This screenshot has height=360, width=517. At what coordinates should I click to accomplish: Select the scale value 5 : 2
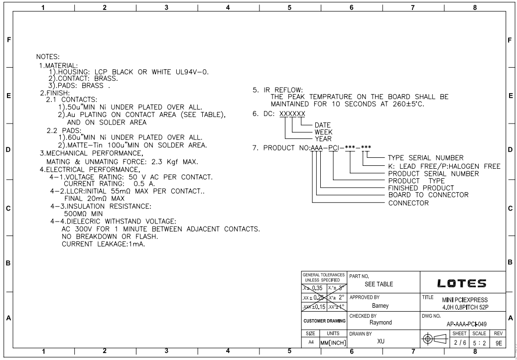pos(481,343)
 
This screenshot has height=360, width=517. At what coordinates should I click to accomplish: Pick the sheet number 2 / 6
pos(460,343)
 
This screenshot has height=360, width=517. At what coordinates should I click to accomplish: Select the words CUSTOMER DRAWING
pos(324,322)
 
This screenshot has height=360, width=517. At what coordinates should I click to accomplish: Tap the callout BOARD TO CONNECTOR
pos(428,195)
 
